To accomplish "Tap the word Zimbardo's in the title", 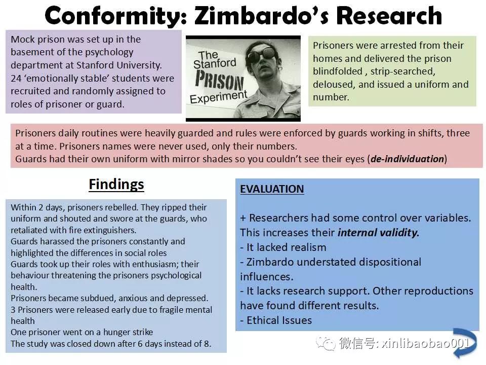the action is click(x=263, y=16).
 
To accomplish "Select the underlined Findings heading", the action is click(x=116, y=185).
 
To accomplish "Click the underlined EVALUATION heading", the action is click(x=272, y=189).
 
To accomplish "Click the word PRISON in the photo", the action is click(x=219, y=80).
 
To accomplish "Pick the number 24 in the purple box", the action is click(x=16, y=78).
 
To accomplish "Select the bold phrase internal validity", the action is click(x=379, y=233).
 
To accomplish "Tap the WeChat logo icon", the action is click(x=326, y=343).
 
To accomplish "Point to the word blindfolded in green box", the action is click(x=338, y=71).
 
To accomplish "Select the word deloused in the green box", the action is click(x=333, y=85).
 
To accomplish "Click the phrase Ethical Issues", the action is click(x=279, y=320).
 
